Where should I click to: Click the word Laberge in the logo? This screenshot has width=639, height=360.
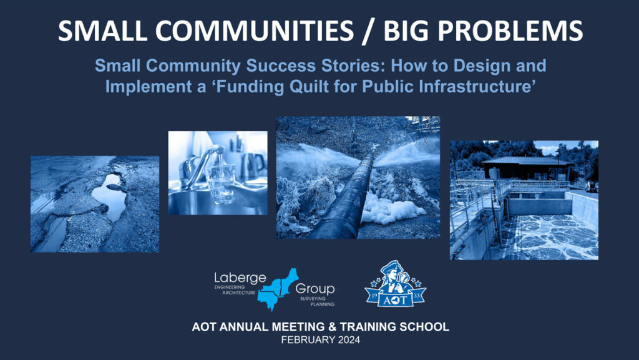[240, 278]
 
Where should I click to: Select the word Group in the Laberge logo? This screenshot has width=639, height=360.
[315, 289]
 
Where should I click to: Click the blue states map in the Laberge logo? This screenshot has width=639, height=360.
[277, 289]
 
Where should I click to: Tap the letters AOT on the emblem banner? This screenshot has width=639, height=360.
[395, 300]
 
